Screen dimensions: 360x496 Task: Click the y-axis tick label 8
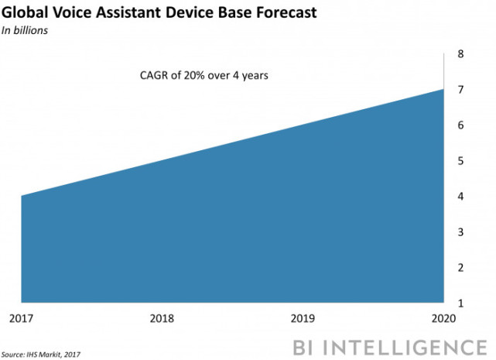(x=460, y=54)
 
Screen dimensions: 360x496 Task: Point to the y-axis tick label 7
(x=460, y=90)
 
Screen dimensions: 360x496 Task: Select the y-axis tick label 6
(x=460, y=125)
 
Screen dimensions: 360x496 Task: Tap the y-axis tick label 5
(x=460, y=161)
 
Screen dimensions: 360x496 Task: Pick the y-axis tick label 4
(x=460, y=197)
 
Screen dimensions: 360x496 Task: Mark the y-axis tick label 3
(x=460, y=232)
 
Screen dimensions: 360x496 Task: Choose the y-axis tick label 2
(x=460, y=268)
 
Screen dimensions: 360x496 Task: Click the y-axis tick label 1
(x=460, y=303)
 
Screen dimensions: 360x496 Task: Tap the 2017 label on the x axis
(x=21, y=317)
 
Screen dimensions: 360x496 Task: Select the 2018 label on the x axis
(x=162, y=317)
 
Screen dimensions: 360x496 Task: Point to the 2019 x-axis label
(x=304, y=317)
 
